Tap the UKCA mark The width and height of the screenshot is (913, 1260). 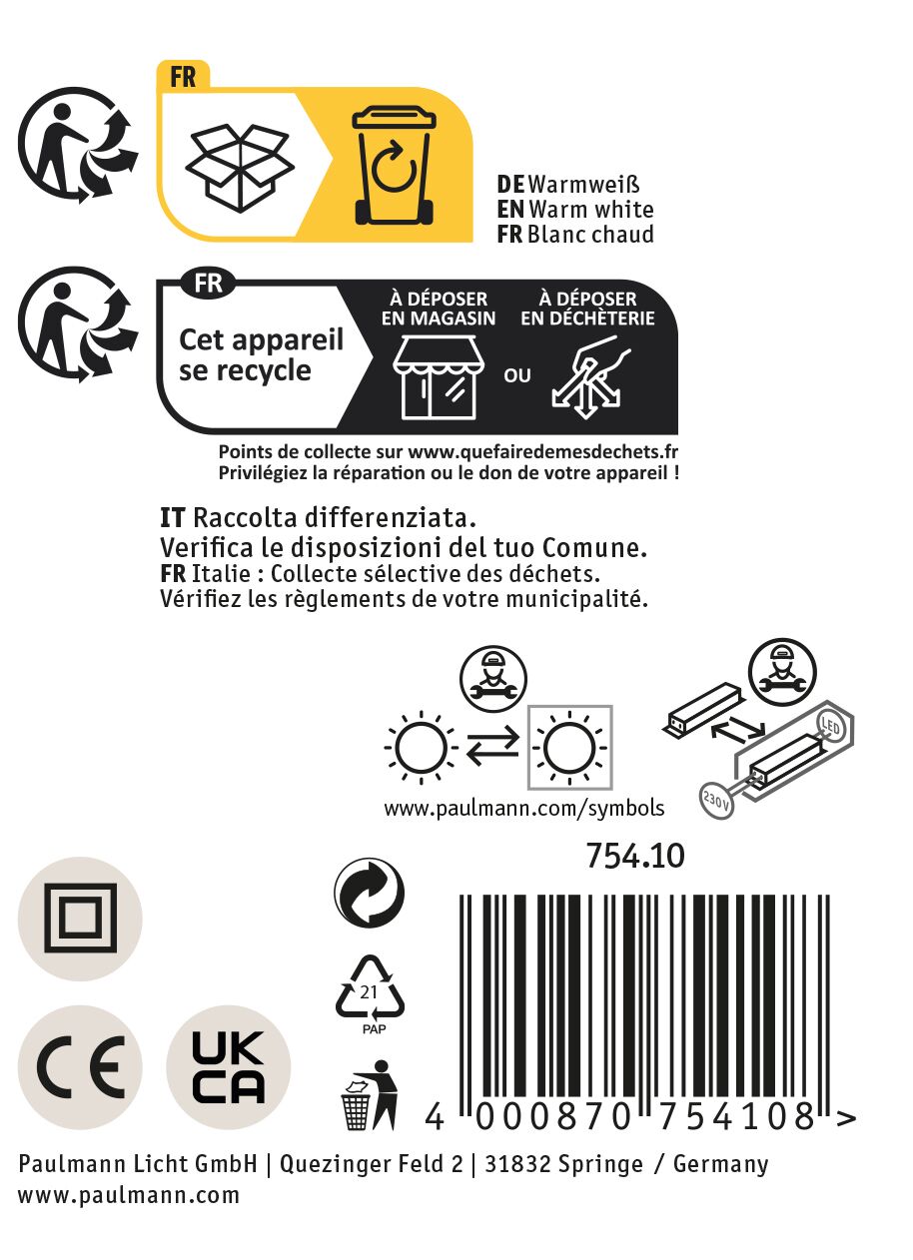click(228, 1067)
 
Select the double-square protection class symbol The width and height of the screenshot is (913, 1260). click(80, 919)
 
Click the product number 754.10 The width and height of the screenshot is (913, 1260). click(635, 856)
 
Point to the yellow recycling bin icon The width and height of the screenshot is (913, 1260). click(394, 166)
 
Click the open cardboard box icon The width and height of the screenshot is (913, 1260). click(240, 168)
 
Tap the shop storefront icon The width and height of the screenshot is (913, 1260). click(438, 377)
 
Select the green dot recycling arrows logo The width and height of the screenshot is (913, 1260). click(369, 893)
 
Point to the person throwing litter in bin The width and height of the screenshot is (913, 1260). click(370, 1095)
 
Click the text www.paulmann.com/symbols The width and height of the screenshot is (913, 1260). click(524, 809)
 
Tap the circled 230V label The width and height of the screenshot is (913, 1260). click(716, 800)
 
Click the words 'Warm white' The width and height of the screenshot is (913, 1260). click(591, 210)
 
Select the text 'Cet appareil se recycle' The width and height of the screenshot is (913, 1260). click(261, 355)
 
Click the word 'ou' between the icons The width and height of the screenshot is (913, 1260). click(517, 375)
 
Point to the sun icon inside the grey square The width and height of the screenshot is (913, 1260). click(569, 748)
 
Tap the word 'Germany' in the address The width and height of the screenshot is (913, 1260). click(720, 1164)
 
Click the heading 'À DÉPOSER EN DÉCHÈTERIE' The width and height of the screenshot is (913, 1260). click(587, 309)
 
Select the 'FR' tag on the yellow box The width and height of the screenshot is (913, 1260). click(183, 78)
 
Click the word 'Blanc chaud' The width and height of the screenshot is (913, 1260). click(590, 234)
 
